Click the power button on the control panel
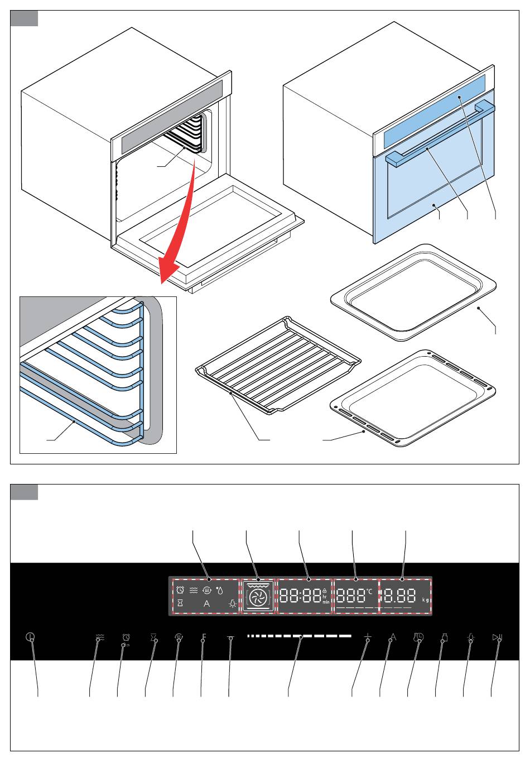point(30,637)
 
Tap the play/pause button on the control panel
point(497,637)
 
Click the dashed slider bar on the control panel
point(300,636)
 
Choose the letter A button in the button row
point(392,637)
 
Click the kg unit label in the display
point(426,600)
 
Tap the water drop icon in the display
point(219,589)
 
